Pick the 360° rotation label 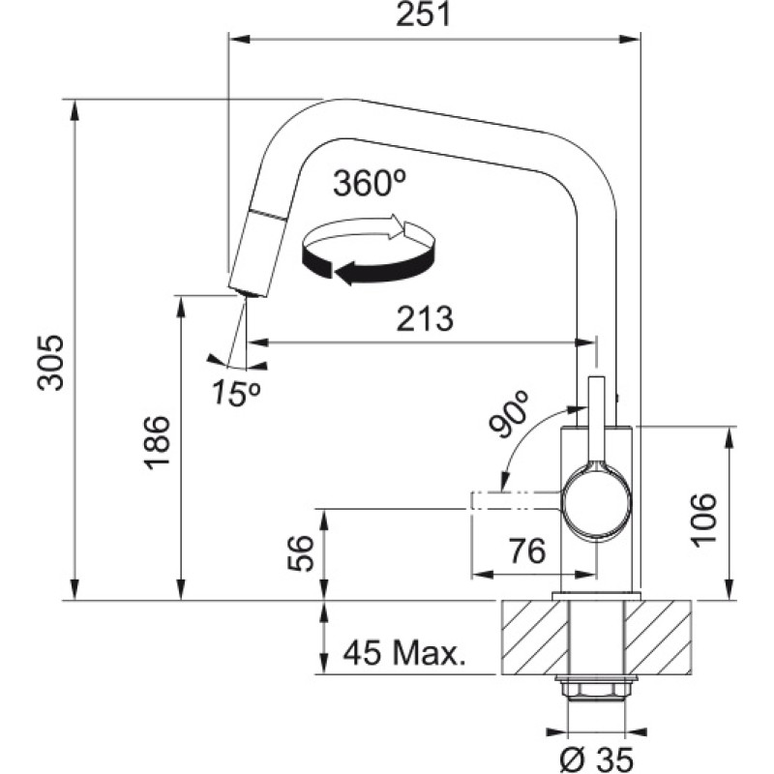[x=368, y=183]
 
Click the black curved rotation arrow [x=377, y=272]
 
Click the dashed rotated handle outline [x=514, y=500]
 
